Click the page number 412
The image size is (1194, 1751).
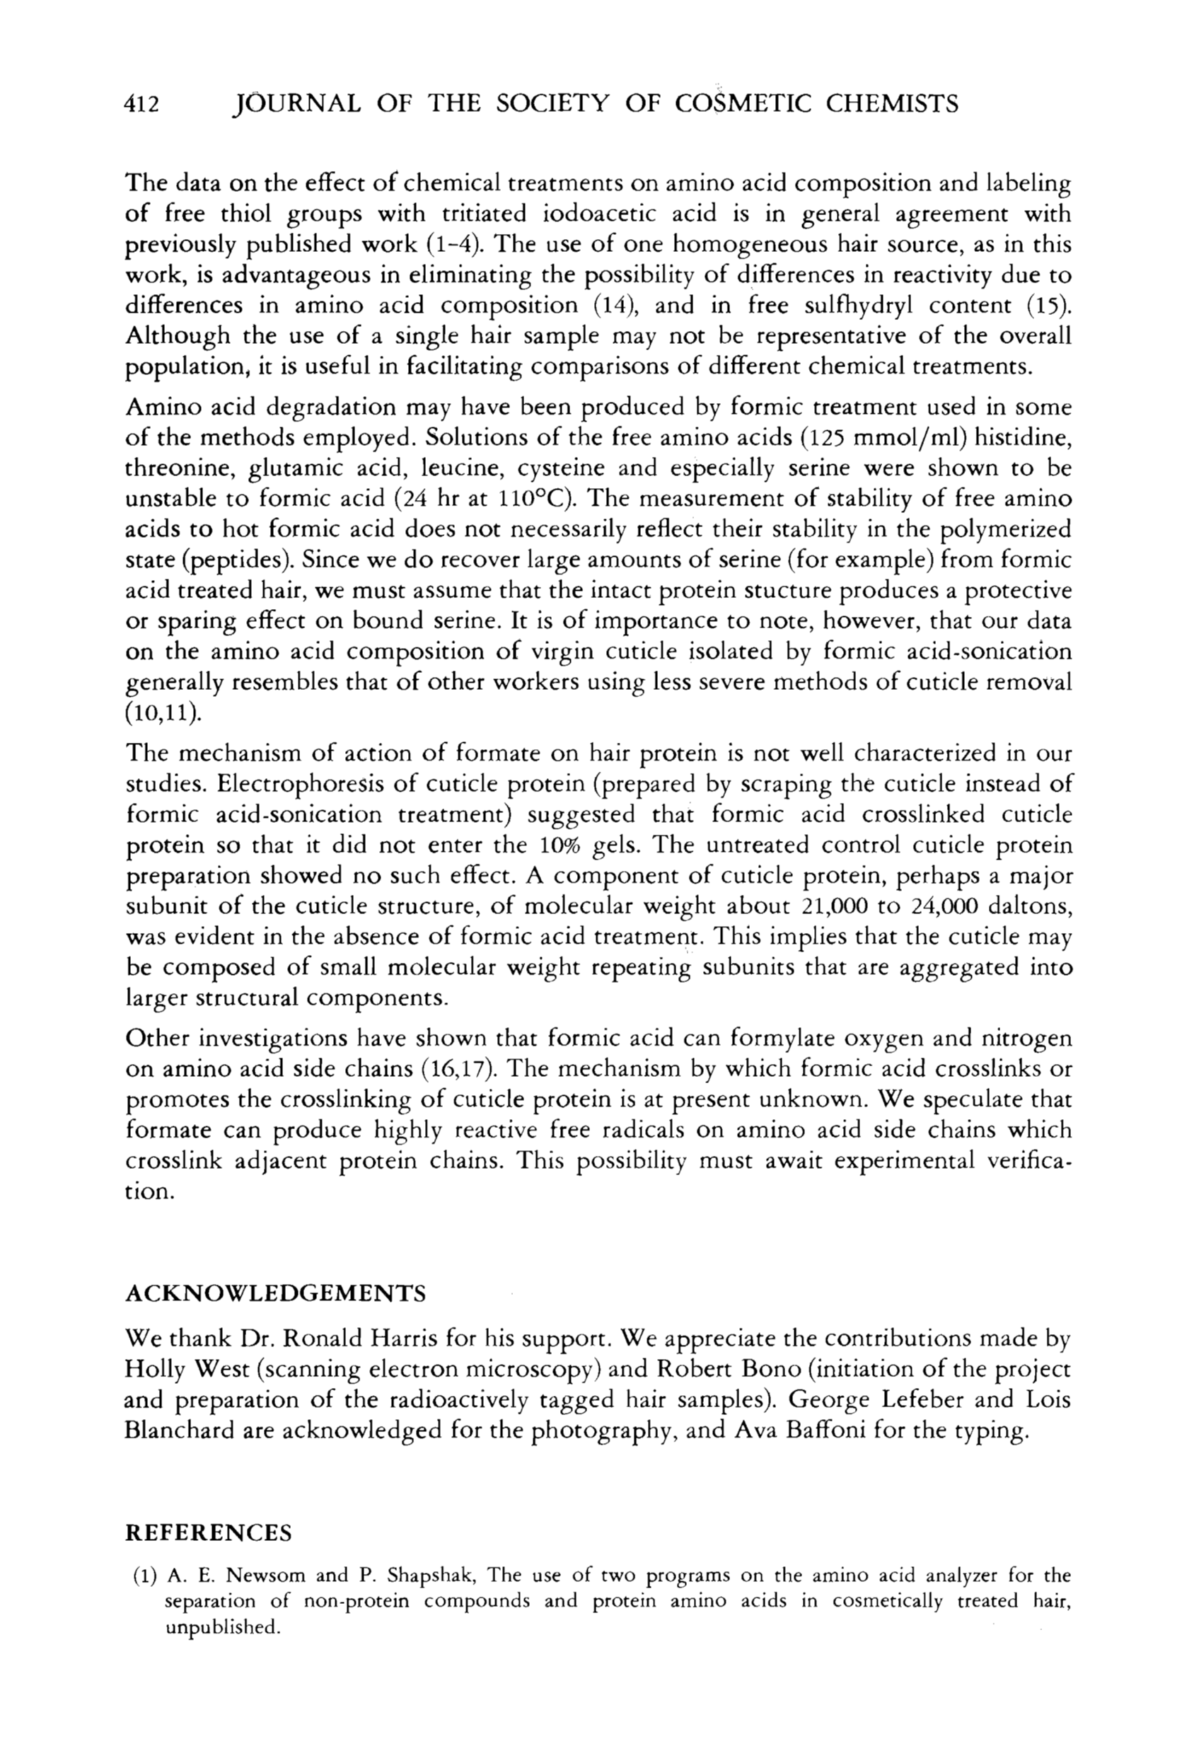coord(141,105)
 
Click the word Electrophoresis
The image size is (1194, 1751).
coord(303,785)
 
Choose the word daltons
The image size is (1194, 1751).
coord(1029,906)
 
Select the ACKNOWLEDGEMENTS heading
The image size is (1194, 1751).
coord(275,1294)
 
